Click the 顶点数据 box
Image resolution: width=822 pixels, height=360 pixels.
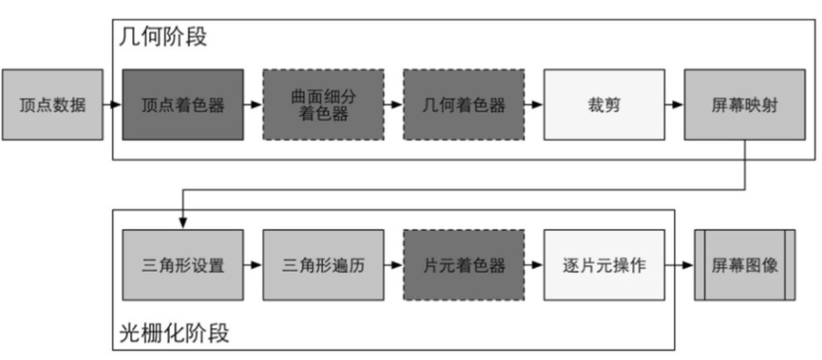pos(52,105)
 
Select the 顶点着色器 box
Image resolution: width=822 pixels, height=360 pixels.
pos(183,105)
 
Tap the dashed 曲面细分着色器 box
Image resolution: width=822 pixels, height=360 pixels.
pos(323,105)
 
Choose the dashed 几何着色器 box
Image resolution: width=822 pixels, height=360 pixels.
pos(464,105)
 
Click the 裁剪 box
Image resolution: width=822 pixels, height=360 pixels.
pos(603,105)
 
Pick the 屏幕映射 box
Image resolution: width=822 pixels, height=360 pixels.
pos(744,105)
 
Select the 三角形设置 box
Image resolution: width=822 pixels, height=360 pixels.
pos(183,265)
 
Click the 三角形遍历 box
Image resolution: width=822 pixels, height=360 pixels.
pos(323,265)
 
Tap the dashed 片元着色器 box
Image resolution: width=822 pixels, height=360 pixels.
pos(464,265)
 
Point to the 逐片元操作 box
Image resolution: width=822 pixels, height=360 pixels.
pos(603,265)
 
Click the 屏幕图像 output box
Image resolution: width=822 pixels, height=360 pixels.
pos(745,265)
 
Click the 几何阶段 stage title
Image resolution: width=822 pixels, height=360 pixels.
pos(163,38)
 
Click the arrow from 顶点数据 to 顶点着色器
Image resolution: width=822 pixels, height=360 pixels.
pos(112,105)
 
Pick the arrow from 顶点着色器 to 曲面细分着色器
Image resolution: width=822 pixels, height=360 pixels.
pos(253,105)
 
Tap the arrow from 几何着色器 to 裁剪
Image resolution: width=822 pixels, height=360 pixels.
pos(534,105)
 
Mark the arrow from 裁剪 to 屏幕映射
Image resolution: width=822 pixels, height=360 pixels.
pos(674,105)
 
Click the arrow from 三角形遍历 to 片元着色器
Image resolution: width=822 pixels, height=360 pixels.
pos(393,265)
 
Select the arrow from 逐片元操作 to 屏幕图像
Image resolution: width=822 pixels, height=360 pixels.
pos(679,265)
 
